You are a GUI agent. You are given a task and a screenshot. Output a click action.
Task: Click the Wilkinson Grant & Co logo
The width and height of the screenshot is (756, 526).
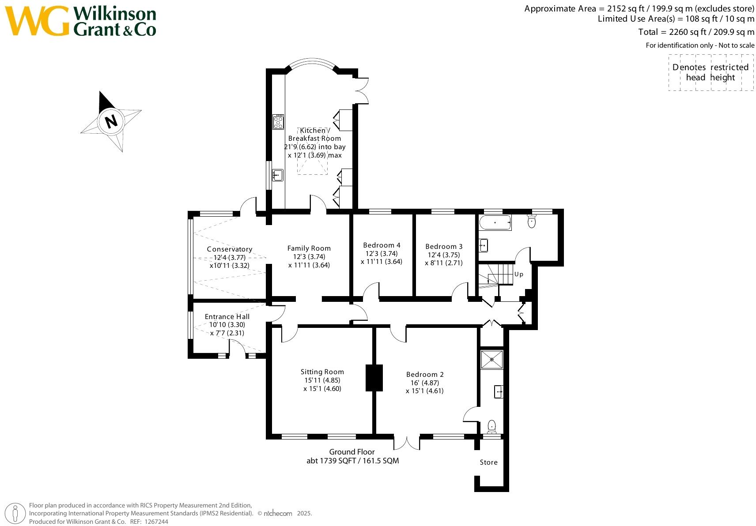(80, 21)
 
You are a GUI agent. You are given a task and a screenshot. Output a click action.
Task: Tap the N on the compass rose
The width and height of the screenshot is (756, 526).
(111, 120)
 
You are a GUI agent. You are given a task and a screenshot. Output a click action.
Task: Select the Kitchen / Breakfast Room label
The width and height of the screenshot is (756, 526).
(314, 134)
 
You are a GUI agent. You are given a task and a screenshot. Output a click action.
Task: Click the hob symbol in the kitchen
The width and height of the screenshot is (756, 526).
(278, 121)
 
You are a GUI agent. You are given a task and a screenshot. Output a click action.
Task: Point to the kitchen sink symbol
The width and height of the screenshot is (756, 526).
(277, 175)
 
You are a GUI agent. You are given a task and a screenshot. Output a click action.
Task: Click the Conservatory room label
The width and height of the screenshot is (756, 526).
(229, 249)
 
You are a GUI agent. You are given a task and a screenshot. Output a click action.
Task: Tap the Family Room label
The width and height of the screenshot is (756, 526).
(309, 248)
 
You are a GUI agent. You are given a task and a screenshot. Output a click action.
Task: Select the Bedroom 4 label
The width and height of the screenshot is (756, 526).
(382, 245)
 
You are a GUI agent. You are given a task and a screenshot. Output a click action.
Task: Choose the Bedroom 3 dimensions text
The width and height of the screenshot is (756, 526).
(443, 259)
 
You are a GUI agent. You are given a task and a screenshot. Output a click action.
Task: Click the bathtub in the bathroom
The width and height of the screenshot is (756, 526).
(495, 223)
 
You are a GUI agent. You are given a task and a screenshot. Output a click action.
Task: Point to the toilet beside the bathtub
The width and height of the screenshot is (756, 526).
(532, 221)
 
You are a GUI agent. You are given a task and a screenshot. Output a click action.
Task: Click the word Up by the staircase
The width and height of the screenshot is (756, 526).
(519, 274)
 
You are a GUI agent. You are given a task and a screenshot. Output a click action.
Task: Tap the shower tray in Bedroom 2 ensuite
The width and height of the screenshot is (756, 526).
(491, 359)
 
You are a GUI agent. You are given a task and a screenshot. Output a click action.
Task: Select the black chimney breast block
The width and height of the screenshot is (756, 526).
(374, 377)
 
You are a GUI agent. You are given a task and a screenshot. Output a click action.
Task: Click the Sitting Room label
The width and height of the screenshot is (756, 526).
(322, 372)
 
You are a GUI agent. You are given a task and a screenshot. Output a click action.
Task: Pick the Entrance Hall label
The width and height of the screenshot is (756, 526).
(227, 317)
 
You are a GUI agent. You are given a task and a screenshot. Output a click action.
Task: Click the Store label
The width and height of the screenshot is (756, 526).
(488, 462)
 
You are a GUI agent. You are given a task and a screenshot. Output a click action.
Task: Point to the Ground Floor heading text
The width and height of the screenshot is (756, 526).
(352, 452)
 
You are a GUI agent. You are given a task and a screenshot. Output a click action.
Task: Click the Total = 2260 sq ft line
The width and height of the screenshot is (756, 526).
(696, 32)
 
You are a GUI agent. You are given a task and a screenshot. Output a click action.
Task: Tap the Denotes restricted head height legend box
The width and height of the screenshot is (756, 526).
(711, 72)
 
